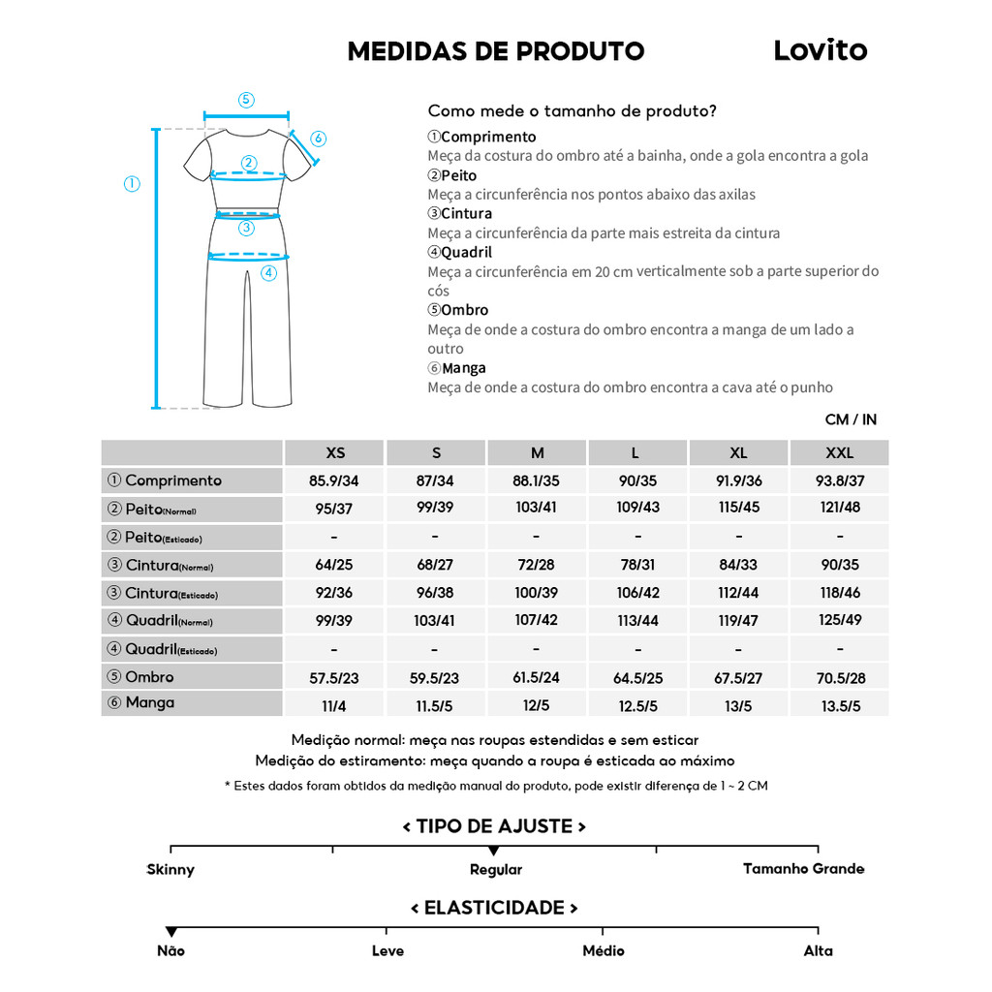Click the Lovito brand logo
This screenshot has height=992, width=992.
pos(820,50)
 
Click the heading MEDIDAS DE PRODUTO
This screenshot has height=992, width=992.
pos(495,51)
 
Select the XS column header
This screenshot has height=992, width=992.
pos(335,453)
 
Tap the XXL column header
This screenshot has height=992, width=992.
pos(839,453)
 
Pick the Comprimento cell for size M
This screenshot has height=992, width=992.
pos(537,481)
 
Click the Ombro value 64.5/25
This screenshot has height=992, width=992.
pos(637,678)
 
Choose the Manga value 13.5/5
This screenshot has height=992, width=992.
pos(839,706)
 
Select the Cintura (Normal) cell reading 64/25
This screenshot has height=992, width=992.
pos(335,565)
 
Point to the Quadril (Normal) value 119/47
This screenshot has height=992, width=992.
pos(738,621)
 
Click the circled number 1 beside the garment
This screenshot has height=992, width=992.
pos(133,184)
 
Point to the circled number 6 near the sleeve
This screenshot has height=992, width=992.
pos(319,139)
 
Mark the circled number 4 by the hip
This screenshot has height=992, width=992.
pos(268,273)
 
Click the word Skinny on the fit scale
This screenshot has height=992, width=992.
pos(170,870)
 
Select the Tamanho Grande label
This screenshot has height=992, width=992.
pos(803,869)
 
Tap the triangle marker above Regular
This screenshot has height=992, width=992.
pos(494,851)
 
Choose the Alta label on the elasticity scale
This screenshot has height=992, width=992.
pos(818,951)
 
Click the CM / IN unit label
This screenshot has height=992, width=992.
pos(851,419)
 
